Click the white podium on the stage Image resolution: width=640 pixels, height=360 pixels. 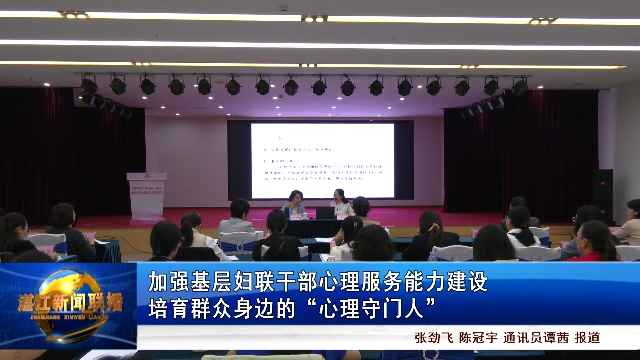coord(146,195)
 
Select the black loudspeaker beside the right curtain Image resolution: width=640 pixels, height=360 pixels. coord(603,196)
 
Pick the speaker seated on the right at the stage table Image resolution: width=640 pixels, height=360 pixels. coord(340,204)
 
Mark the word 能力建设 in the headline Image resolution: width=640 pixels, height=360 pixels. coord(454,282)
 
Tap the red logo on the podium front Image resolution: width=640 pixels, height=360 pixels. coord(146,185)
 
